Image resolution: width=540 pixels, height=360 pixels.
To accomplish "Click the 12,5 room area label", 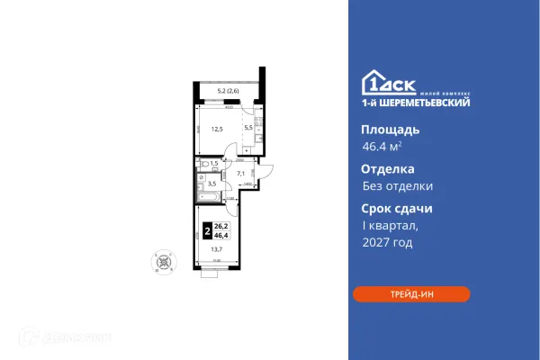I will point(216,129).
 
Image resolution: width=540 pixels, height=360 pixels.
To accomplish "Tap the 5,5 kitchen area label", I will point(249,129).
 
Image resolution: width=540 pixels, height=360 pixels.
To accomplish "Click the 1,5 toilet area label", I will point(213,164).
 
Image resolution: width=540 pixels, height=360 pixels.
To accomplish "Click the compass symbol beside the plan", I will point(162,260).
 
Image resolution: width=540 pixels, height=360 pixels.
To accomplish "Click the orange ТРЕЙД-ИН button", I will point(410,294).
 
